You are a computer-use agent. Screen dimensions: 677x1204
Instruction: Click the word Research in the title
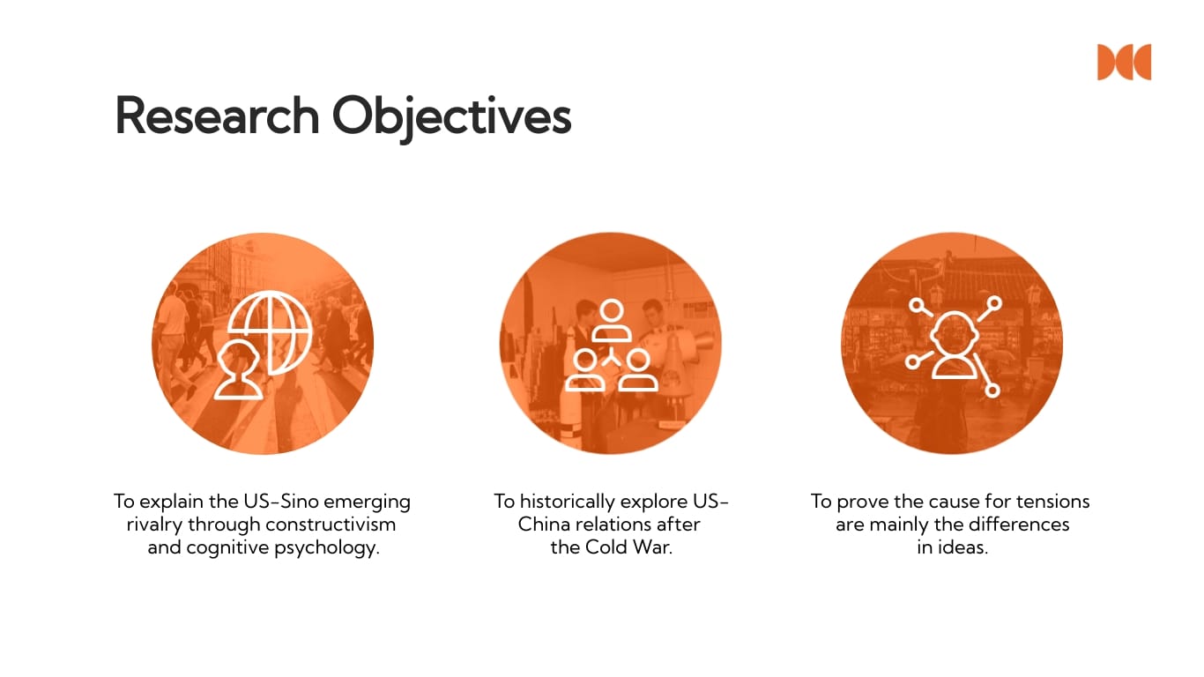(x=217, y=115)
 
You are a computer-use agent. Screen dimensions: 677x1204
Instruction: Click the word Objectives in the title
(x=451, y=115)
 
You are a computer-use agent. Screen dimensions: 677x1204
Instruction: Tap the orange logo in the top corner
(x=1124, y=62)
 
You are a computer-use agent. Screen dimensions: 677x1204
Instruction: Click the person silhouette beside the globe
(x=239, y=372)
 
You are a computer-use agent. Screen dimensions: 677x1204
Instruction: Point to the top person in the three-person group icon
(x=611, y=319)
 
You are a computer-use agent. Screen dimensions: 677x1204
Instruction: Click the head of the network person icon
(x=954, y=331)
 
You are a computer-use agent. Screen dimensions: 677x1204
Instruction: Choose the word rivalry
(x=153, y=524)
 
